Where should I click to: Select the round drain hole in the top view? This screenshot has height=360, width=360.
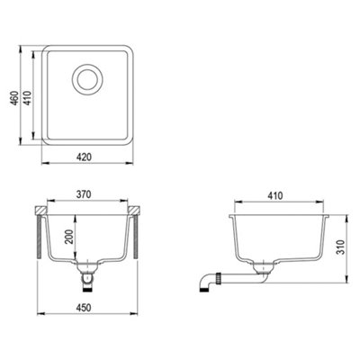[x=88, y=79]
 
